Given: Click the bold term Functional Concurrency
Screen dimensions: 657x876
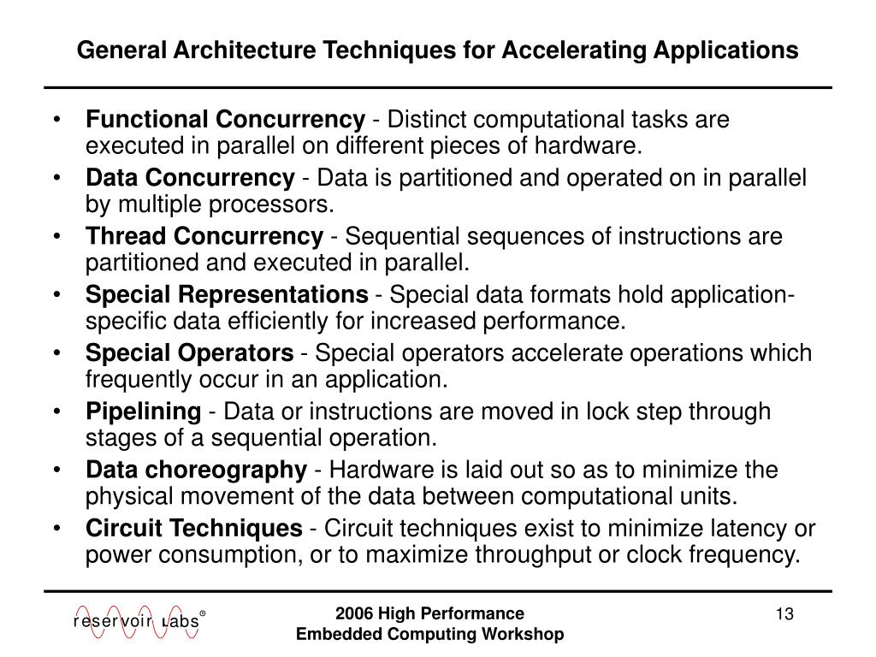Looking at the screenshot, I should point(225,120).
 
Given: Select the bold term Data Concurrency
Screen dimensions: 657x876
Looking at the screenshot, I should point(190,178).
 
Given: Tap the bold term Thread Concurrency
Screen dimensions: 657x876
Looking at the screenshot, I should point(204,236).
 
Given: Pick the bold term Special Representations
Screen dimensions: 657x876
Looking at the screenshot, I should point(227,295).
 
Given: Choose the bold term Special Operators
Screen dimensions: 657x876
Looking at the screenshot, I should point(189,353).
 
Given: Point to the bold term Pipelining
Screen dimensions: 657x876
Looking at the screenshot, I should point(143,411).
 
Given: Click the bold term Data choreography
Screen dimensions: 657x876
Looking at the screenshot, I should point(196,470).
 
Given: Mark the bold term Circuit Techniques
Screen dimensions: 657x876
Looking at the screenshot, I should point(194,528).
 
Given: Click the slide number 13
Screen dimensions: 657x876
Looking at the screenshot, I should point(785,614).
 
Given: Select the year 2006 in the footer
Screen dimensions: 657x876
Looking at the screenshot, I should point(355,613).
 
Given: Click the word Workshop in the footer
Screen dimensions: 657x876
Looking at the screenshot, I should point(524,634).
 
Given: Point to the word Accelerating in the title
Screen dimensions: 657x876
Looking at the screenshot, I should point(577,50).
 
